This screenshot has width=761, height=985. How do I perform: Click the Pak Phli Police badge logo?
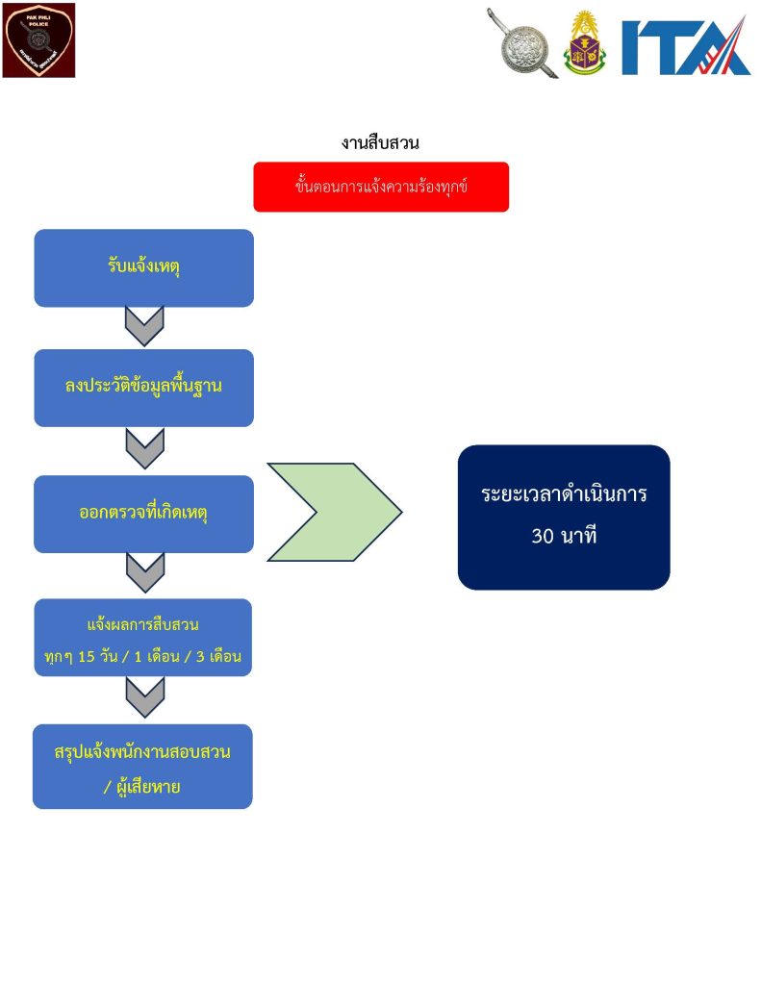(x=38, y=40)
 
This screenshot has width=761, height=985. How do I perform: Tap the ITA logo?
(x=686, y=46)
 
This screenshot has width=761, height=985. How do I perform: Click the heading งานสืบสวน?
(x=380, y=143)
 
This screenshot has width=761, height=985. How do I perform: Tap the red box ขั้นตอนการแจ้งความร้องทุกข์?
(x=381, y=187)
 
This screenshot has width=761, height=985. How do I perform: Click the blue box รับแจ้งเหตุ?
(x=144, y=267)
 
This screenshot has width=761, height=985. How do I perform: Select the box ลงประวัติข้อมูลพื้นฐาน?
(x=144, y=388)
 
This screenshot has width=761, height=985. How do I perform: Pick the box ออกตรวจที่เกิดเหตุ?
(x=144, y=514)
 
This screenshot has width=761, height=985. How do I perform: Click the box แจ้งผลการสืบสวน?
(x=143, y=637)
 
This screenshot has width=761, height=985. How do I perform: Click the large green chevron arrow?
(x=334, y=512)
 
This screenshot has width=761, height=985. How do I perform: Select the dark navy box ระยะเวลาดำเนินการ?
(x=564, y=517)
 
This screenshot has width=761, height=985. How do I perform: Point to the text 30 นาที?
(x=564, y=537)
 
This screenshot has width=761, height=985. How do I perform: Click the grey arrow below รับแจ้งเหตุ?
(x=144, y=326)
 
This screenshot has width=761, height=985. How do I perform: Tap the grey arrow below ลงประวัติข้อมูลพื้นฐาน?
(x=144, y=448)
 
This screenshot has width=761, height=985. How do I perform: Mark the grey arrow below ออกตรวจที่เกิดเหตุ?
(x=144, y=572)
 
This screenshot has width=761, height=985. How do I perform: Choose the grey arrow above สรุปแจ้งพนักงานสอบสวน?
(x=144, y=696)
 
